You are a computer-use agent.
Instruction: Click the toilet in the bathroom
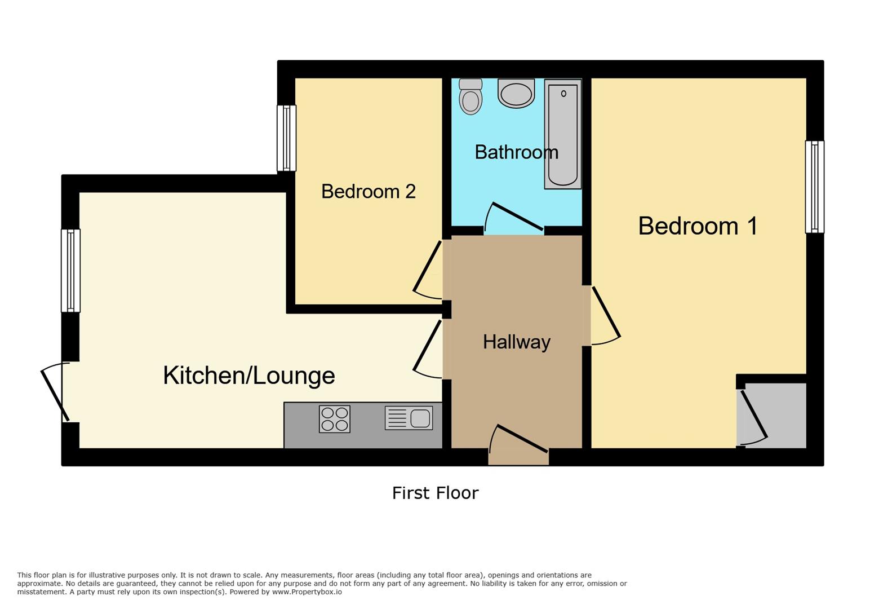(x=470, y=97)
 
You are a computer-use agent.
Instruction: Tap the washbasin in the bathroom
(x=516, y=94)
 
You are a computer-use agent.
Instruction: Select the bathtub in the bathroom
(x=563, y=134)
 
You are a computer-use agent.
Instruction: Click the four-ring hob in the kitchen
(x=335, y=419)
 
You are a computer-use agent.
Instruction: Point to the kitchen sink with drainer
(x=409, y=418)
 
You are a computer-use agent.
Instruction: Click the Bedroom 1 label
(x=698, y=226)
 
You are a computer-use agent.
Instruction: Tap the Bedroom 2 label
(x=369, y=192)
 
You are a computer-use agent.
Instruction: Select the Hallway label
(x=517, y=342)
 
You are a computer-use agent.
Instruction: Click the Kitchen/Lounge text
(x=249, y=376)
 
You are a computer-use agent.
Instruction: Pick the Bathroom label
(x=516, y=152)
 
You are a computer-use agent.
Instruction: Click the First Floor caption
(x=435, y=493)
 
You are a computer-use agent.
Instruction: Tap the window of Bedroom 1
(x=815, y=187)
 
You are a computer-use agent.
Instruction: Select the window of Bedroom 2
(x=286, y=138)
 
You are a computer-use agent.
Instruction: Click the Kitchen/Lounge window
(x=70, y=271)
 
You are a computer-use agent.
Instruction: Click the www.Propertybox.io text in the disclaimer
(x=307, y=592)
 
